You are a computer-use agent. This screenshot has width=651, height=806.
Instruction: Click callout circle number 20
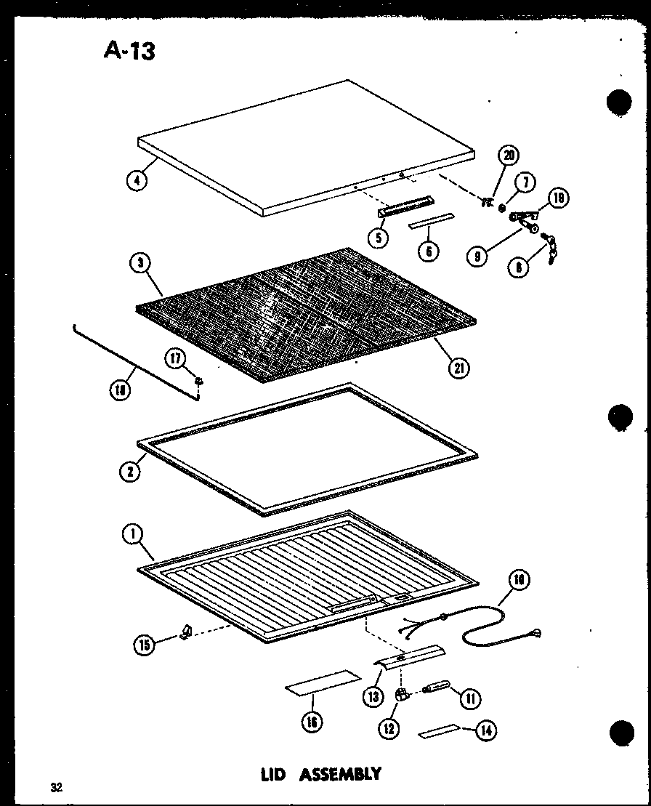pyautogui.click(x=508, y=156)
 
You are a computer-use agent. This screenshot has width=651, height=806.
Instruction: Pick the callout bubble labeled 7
pyautogui.click(x=524, y=181)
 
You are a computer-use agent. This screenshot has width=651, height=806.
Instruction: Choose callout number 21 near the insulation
pyautogui.click(x=458, y=367)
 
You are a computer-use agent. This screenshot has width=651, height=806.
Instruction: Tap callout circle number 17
pyautogui.click(x=176, y=358)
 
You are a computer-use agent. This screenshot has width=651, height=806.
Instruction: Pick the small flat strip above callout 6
pyautogui.click(x=430, y=221)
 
